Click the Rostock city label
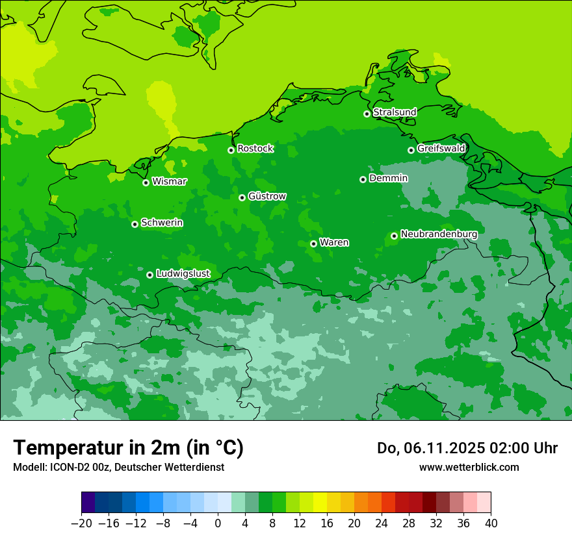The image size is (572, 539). point(255,149)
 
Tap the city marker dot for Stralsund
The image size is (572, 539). point(367,114)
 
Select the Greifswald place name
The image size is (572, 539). point(441,149)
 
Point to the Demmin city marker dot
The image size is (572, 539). point(363,179)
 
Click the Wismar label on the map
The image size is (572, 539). point(169,182)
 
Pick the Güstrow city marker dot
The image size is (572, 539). point(242,197)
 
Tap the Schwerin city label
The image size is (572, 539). point(162,223)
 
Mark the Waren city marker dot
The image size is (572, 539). point(313,244)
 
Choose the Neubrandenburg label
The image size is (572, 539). point(439,234)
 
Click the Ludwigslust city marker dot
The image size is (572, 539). point(149,275)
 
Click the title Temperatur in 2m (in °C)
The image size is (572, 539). point(128,448)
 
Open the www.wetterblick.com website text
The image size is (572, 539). point(469,467)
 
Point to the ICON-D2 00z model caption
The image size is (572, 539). point(118,467)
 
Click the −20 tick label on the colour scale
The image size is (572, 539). point(81,523)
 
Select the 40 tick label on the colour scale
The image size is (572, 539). point(491,523)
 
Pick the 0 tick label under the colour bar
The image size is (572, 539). point(218,523)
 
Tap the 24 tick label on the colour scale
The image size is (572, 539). point(382,523)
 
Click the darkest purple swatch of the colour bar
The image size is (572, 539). point(88,503)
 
